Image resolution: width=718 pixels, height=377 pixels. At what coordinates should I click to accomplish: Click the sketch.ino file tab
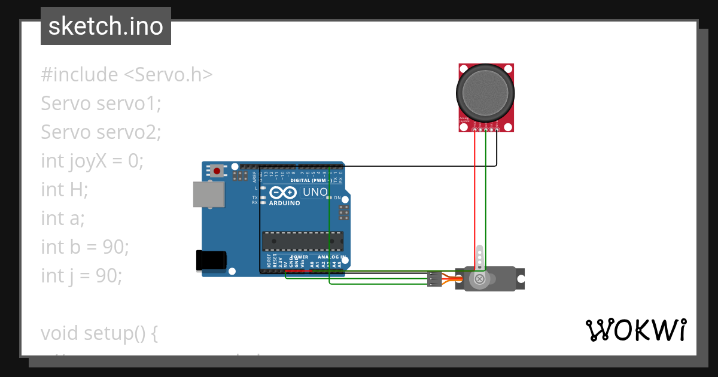(106, 26)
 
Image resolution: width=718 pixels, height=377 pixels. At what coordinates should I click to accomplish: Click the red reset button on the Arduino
(217, 171)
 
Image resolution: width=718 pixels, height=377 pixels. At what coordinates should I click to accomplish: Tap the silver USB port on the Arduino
(209, 194)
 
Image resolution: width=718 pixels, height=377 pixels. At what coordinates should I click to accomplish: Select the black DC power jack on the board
(211, 260)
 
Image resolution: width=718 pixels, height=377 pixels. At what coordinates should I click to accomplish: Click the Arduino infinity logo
(283, 193)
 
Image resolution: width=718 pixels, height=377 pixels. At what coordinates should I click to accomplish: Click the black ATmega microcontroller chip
(303, 241)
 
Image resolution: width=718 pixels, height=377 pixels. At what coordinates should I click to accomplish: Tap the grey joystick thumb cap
(485, 93)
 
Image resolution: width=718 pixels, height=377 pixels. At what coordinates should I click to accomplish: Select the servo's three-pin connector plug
(435, 279)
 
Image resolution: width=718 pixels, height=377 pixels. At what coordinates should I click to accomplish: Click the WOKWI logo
(635, 330)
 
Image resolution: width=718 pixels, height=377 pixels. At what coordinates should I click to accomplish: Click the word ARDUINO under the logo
(284, 203)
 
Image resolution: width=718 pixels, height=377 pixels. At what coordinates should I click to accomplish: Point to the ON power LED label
(337, 198)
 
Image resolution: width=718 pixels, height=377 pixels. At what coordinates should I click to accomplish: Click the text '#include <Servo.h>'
(126, 75)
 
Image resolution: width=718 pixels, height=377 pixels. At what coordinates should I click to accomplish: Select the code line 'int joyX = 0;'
(92, 161)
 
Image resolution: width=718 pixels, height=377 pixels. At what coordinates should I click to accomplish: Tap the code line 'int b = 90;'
(85, 247)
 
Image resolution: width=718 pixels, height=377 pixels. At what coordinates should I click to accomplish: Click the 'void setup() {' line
(99, 333)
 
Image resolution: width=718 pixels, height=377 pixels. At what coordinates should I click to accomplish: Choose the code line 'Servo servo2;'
(101, 132)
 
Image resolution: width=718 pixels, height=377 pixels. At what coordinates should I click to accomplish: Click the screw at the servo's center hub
(479, 279)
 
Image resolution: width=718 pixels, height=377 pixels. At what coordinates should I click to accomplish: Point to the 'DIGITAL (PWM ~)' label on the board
(311, 180)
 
